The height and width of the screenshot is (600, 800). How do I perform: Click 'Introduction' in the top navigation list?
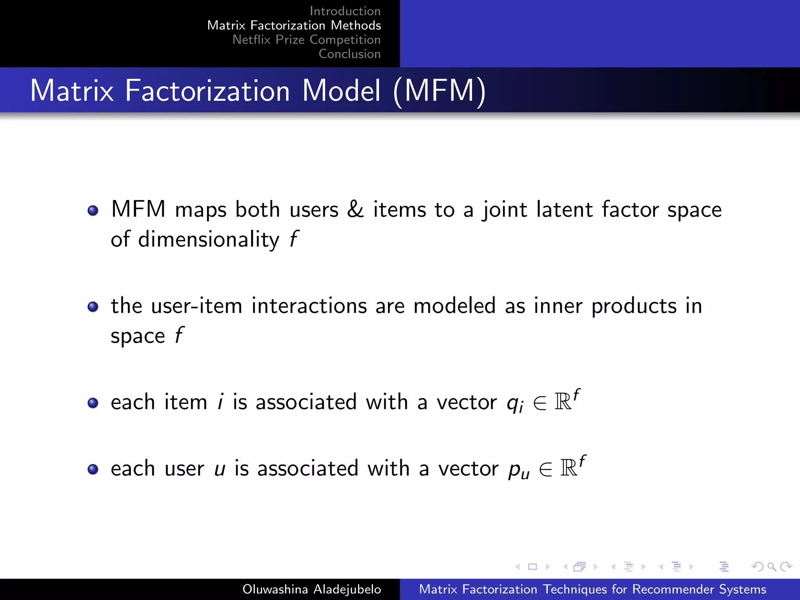tap(345, 11)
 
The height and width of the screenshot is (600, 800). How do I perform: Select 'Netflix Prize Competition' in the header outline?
tap(306, 39)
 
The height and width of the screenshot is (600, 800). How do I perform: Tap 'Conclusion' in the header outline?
tap(350, 54)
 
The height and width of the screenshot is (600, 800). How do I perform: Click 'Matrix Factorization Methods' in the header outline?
tap(294, 25)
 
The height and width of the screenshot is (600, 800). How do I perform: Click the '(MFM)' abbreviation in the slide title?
tap(439, 91)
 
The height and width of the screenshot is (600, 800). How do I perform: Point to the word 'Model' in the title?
tap(341, 91)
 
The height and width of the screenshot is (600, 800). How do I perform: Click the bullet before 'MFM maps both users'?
tap(93, 211)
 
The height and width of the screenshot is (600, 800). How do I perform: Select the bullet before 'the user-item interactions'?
tap(93, 307)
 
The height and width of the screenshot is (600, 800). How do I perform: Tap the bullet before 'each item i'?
tap(93, 403)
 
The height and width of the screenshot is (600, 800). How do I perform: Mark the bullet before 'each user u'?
tap(93, 469)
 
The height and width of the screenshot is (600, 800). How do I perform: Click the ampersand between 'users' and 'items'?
tap(355, 209)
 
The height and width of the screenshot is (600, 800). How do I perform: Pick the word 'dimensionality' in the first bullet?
tap(209, 239)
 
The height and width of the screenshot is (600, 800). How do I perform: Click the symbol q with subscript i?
tap(515, 403)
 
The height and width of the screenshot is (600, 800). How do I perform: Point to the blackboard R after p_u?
tap(569, 468)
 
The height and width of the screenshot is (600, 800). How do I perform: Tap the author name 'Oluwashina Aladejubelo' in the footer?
tap(311, 589)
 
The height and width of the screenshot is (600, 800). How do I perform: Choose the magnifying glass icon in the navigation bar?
tap(771, 566)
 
